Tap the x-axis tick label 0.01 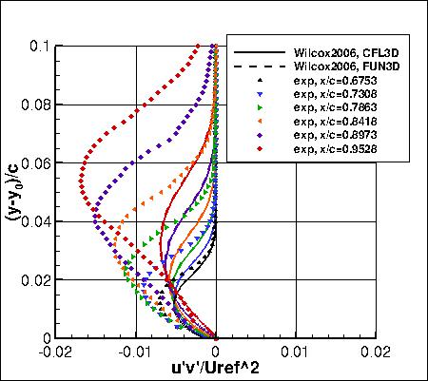click(297, 351)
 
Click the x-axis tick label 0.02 click(376, 351)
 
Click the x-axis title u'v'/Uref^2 click(216, 368)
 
